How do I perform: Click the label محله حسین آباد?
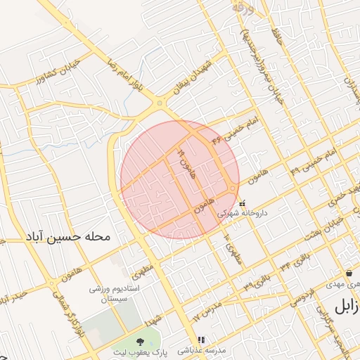pyautogui.click(x=68, y=237)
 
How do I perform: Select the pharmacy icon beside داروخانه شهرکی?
pyautogui.click(x=243, y=203)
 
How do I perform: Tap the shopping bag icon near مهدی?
pyautogui.click(x=349, y=273)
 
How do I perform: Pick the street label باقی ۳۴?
pyautogui.click(x=292, y=262)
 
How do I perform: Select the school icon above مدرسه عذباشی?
pyautogui.click(x=201, y=338)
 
